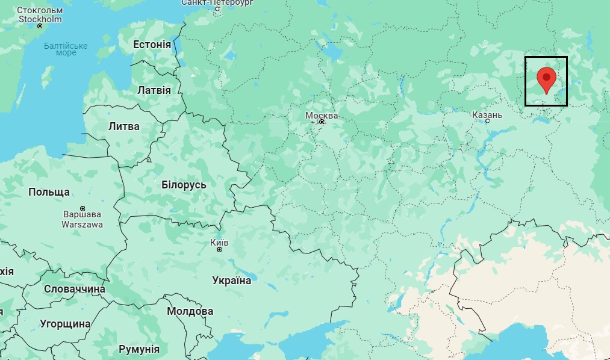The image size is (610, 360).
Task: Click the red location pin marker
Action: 546,79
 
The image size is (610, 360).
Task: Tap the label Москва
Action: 322,115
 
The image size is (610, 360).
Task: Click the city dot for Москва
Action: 322,122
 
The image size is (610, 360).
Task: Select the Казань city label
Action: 487,114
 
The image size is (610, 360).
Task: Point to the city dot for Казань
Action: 487,121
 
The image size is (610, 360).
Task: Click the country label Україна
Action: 232,280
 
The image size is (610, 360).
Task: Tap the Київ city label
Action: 219,241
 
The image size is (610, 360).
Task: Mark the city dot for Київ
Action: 219,249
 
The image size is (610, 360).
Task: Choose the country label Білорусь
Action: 184,185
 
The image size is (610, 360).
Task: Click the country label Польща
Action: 49,192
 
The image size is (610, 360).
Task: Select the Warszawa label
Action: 82,225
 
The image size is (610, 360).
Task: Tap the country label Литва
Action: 123,126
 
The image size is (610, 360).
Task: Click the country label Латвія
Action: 154,90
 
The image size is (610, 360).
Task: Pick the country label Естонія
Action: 152,45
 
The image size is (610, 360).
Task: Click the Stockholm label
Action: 40,19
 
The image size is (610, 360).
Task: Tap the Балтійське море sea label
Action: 66,49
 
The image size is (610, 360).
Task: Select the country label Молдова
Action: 190,311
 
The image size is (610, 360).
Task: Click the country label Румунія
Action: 139,349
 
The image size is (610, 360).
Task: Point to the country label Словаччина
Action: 75,289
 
